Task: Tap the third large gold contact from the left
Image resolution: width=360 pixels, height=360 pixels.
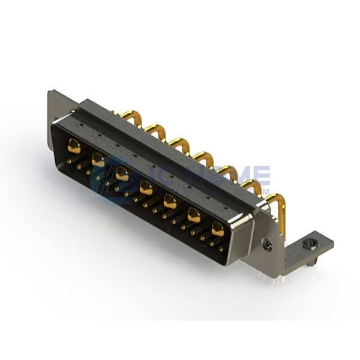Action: [x=122, y=173]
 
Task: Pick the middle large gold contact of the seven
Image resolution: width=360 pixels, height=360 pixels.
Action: [x=145, y=188]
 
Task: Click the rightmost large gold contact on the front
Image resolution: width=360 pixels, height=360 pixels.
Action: [x=217, y=228]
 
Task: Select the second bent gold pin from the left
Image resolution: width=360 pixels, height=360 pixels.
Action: [x=154, y=128]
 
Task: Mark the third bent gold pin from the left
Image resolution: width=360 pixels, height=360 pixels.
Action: [x=178, y=142]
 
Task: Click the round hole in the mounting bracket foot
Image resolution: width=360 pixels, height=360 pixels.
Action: [x=311, y=244]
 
